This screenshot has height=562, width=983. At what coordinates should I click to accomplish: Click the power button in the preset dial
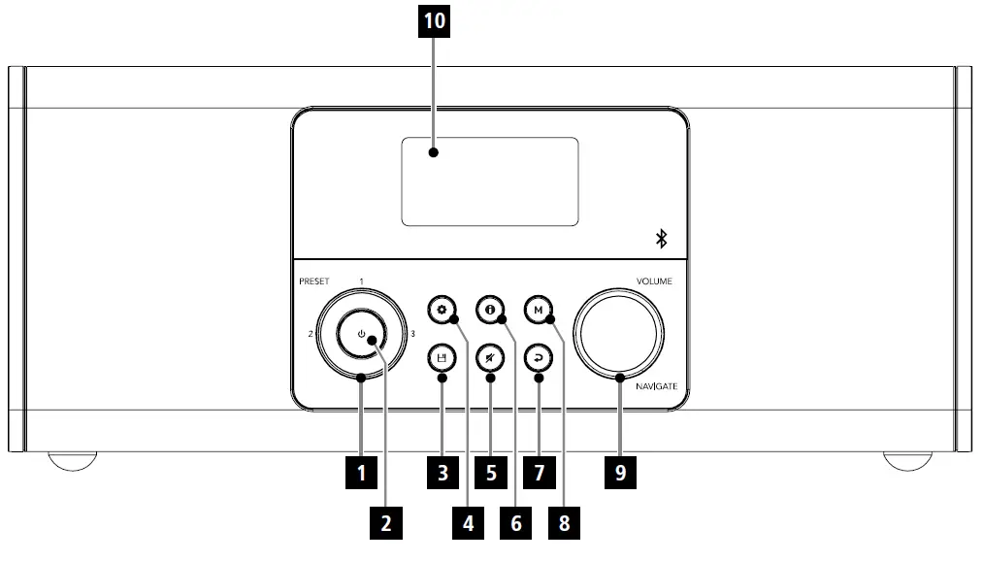[x=361, y=335]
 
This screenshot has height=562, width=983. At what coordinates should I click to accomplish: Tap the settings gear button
[x=442, y=312]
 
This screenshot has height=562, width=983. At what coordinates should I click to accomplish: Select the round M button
[x=538, y=312]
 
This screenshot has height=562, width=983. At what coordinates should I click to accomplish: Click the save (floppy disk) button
[x=442, y=358]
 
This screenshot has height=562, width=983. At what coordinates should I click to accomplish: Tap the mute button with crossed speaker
[x=490, y=358]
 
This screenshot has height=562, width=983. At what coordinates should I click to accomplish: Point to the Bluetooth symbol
[x=663, y=239]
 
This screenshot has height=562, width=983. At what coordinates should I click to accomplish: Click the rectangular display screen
[x=490, y=182]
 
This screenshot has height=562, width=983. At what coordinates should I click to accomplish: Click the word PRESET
[x=313, y=281]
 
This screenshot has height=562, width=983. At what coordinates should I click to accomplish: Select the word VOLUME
[x=654, y=281]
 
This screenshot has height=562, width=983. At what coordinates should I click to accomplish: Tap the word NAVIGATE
[x=657, y=386]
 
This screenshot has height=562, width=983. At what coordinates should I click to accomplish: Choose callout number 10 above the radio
[x=435, y=22]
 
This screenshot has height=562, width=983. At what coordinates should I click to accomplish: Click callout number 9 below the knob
[x=619, y=474]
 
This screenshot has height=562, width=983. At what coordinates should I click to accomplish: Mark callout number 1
[x=361, y=474]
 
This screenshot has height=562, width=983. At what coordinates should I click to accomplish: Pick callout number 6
[x=515, y=524]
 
